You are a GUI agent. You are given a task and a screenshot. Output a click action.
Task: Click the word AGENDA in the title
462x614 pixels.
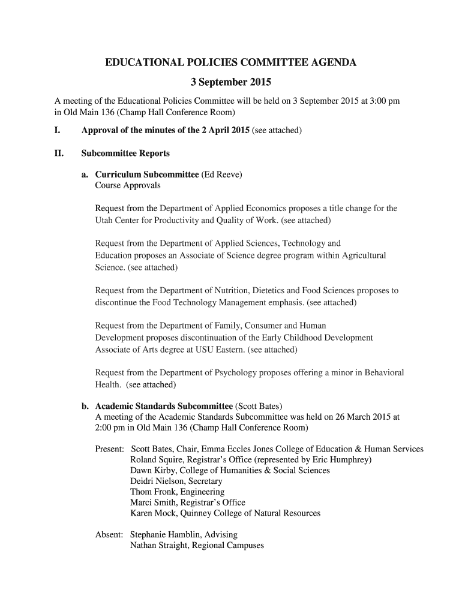[330, 62]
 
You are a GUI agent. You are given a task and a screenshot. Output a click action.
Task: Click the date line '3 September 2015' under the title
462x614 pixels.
[230, 82]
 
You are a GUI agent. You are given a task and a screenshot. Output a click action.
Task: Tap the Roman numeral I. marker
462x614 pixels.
[58, 130]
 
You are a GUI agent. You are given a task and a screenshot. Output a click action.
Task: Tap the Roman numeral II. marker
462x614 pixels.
[59, 153]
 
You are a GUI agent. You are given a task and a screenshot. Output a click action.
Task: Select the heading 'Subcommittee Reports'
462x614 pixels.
[125, 153]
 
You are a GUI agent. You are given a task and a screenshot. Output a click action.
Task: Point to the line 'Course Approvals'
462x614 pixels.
[128, 185]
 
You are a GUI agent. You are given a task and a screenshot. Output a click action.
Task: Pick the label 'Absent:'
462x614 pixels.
[109, 534]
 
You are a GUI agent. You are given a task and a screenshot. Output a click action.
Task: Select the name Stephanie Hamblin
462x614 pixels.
[167, 534]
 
